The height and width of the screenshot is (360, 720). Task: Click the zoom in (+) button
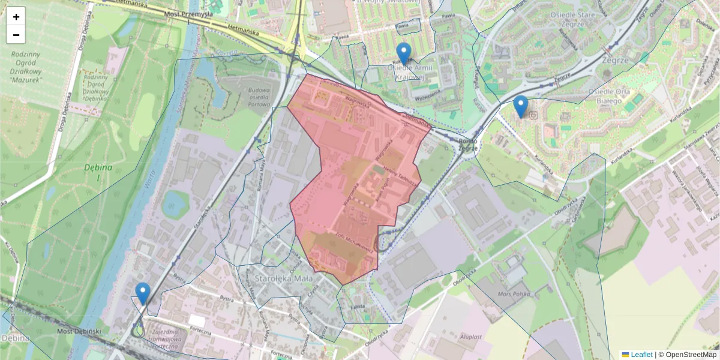tap(16, 16)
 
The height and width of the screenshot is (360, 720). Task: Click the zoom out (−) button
tap(16, 35)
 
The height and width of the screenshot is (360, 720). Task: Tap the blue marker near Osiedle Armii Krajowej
tap(404, 53)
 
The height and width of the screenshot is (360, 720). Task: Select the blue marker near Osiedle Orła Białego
tap(521, 106)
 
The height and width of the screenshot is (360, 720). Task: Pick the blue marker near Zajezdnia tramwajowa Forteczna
tap(143, 293)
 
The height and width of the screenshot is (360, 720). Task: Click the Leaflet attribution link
tap(637, 355)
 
